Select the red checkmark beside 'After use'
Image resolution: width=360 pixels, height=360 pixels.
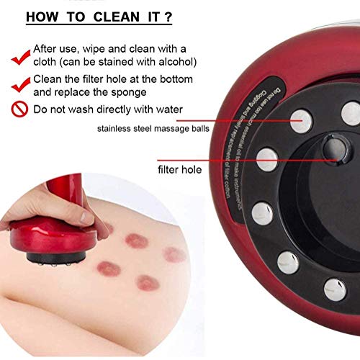[x=19, y=53]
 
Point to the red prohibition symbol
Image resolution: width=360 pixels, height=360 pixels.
[x=20, y=110]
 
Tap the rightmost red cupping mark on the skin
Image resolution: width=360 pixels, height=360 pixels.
[x=174, y=254]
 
